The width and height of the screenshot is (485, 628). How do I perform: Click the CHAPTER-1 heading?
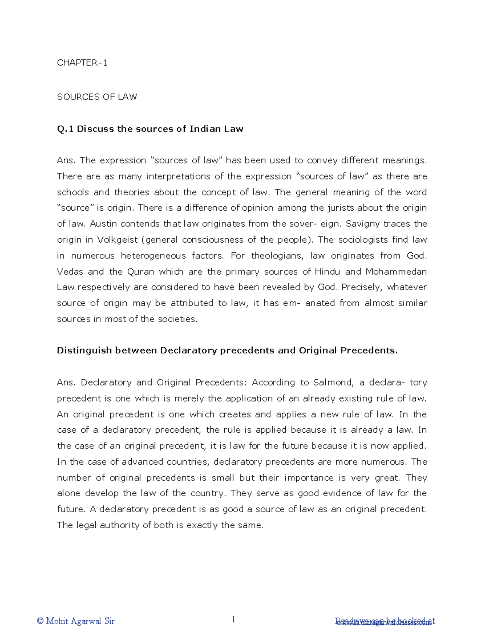pos(82,63)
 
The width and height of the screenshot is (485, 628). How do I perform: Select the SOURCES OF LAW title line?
pos(97,97)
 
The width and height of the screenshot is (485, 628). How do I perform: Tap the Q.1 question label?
pos(65,129)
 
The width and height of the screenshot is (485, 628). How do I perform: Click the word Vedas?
pos(70,271)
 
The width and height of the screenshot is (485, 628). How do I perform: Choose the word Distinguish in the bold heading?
pos(84,350)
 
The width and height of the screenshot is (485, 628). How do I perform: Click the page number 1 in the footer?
pos(233,620)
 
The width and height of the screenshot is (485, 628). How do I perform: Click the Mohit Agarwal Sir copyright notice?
pos(76,621)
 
